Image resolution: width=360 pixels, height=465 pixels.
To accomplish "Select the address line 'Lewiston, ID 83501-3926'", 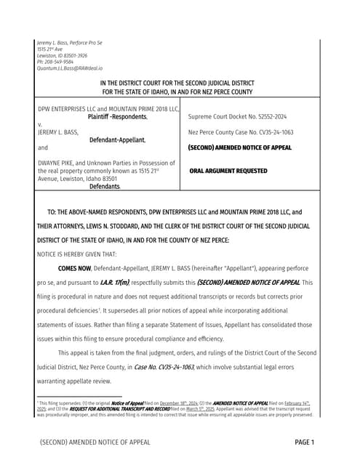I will click(62, 56).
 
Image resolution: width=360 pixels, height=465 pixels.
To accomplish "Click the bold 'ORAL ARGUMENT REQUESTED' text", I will click(228, 171).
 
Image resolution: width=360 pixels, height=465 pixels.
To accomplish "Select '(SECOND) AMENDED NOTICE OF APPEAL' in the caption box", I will click(240, 147).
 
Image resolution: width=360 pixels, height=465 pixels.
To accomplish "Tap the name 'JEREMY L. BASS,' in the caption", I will click(57, 132).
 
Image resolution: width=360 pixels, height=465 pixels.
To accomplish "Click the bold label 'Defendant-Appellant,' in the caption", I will click(117, 139).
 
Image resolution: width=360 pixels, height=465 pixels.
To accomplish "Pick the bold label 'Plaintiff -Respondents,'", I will click(117, 116).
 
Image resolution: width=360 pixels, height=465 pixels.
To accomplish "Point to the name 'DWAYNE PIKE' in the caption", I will click(56, 163).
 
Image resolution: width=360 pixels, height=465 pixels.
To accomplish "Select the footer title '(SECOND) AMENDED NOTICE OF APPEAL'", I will click(95, 442).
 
